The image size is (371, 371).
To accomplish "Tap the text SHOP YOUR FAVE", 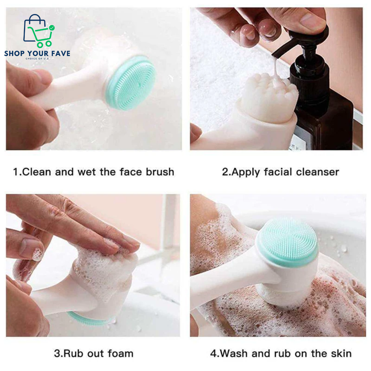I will pos(37,53).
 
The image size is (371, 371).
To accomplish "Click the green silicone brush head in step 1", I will pos(131,82).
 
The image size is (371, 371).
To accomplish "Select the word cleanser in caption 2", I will pos(317,172).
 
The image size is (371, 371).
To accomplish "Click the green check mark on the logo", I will pos(52,27).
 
